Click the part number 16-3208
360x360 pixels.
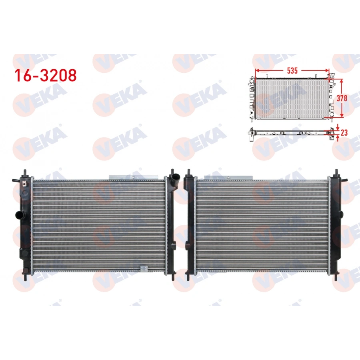click(x=45, y=75)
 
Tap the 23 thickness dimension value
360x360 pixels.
click(x=344, y=132)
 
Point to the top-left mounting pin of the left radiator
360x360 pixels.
click(x=26, y=172)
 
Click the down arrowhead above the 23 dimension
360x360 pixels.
click(x=338, y=127)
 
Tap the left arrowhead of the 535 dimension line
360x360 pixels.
click(x=256, y=70)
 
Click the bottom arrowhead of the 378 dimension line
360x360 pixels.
click(x=342, y=116)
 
